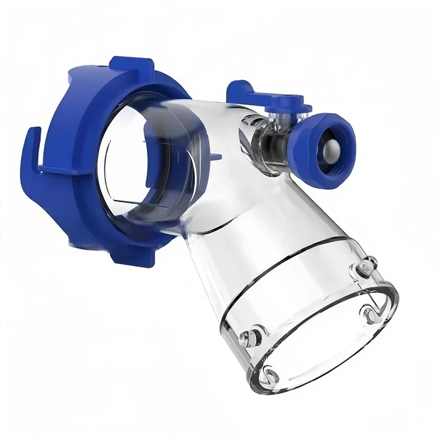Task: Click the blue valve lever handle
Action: (x=271, y=99)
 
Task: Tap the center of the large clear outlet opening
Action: (x=326, y=331)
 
